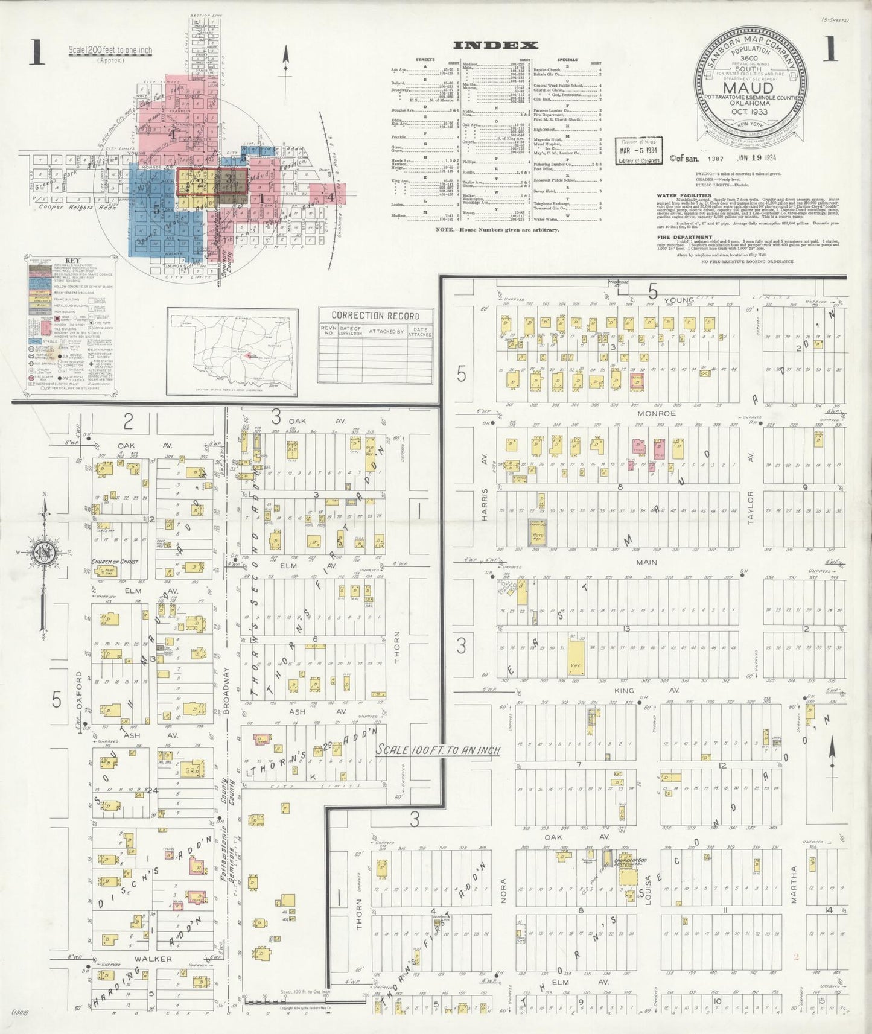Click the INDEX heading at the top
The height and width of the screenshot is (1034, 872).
click(x=495, y=45)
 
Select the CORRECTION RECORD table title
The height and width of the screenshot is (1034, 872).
click(x=375, y=316)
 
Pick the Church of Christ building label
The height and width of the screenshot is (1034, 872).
click(x=114, y=562)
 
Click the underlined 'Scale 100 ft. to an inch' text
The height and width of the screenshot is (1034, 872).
click(x=438, y=750)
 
